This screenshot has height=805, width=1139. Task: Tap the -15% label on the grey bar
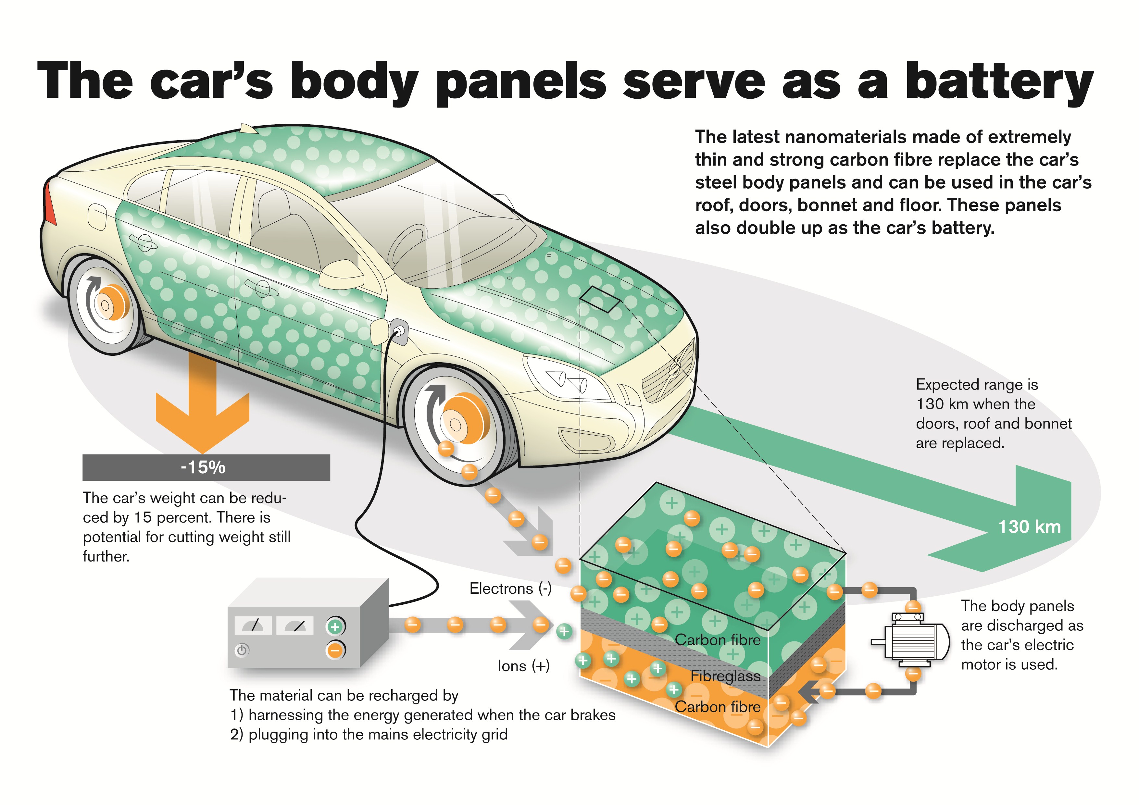coord(203,467)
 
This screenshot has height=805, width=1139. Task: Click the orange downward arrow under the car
coord(202,407)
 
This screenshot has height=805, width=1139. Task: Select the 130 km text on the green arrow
coord(1029,527)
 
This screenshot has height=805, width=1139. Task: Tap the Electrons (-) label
coord(510,589)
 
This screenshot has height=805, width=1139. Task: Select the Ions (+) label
coord(523,666)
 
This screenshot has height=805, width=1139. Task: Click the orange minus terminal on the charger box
coord(335,650)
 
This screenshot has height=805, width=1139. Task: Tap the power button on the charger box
coord(242,650)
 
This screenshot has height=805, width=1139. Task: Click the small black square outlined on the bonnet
coord(600,299)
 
